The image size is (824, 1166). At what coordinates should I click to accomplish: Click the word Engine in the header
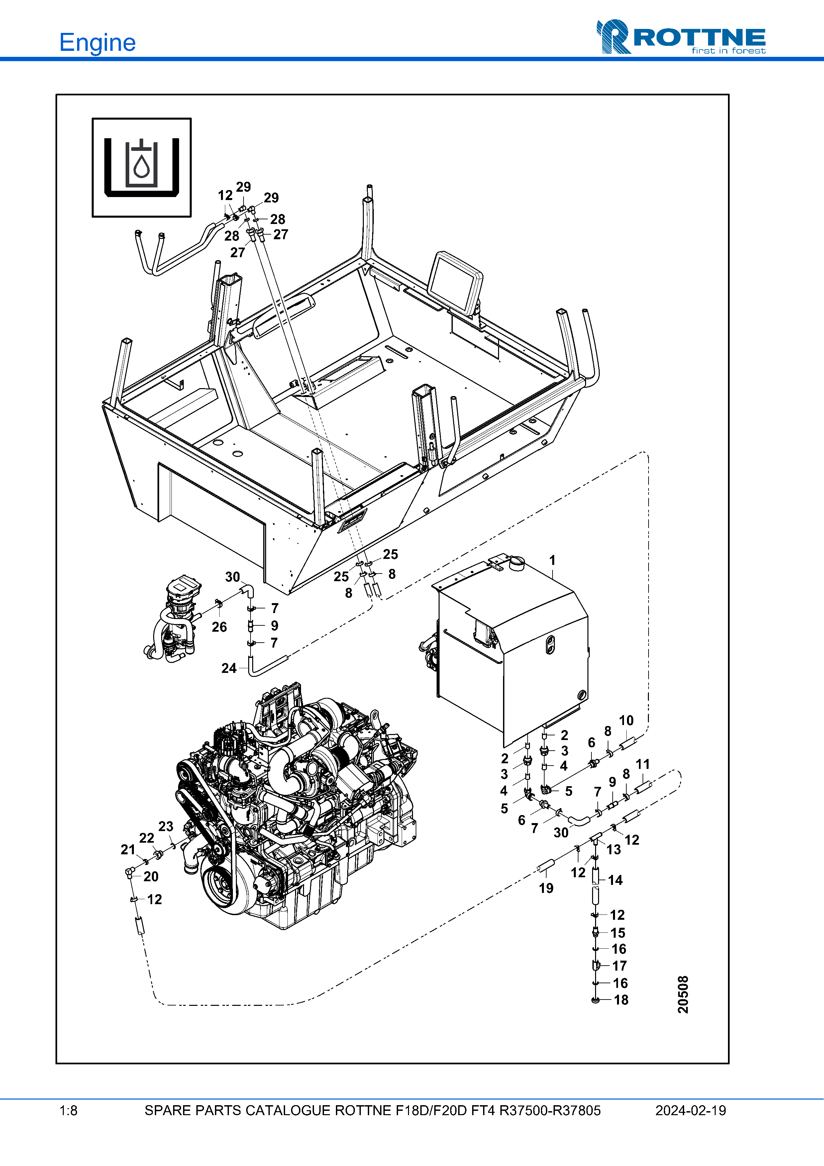pos(97,43)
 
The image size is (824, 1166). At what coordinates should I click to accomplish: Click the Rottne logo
pos(681,37)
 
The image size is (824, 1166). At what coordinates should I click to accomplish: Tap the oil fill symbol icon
pos(142,167)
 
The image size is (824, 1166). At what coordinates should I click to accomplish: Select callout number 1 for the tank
pos(553,560)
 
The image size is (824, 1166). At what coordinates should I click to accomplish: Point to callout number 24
pos(229,668)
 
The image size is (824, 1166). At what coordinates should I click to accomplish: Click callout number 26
pos(219,627)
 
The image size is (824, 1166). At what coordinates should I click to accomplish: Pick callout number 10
pos(626,721)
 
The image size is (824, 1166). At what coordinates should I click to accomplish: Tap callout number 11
pos(643,764)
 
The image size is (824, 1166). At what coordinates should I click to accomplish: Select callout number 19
pos(546,888)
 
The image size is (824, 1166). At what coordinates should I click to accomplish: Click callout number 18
pos(621,1000)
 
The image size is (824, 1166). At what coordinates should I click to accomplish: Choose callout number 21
pos(128,850)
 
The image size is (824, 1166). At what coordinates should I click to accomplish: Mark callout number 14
pos(615,880)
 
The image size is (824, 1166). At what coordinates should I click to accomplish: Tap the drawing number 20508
pos(683,994)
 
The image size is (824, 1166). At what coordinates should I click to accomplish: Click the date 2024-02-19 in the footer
pos(690,1111)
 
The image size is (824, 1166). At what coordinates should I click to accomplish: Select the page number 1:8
pos(68,1111)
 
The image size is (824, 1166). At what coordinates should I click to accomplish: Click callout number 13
pos(614,850)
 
